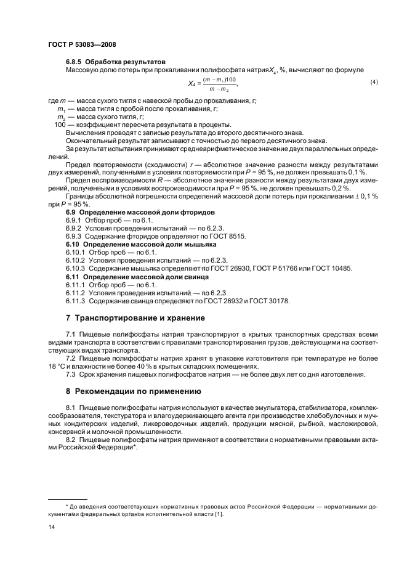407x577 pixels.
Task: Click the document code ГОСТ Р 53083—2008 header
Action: point(82,44)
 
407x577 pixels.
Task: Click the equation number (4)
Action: point(374,82)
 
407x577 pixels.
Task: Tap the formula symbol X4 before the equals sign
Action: point(192,83)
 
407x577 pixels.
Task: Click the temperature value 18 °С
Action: point(58,366)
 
